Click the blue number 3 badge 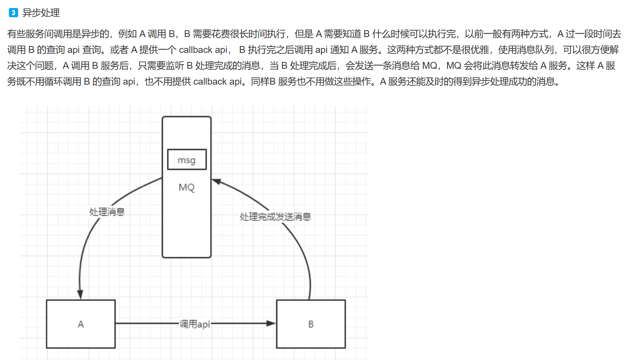tap(13, 13)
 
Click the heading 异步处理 tap(41, 13)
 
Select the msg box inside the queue tap(187, 159)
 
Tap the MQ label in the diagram tap(187, 187)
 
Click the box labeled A tap(80, 324)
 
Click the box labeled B tap(311, 324)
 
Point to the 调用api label tap(195, 324)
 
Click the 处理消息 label tap(107, 212)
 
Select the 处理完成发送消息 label tap(275, 216)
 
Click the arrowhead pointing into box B tap(271, 323)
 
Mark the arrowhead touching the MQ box tap(216, 182)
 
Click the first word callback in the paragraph tap(195, 50)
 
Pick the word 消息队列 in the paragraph tap(535, 50)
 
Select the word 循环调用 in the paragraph tap(63, 82)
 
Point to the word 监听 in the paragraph tap(175, 66)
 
